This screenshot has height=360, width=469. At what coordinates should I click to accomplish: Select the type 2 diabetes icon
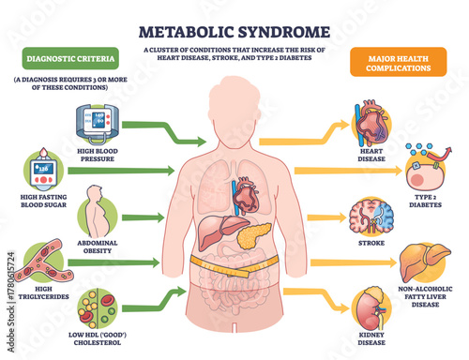(x=423, y=166)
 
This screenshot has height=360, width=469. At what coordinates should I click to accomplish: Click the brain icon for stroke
(x=368, y=217)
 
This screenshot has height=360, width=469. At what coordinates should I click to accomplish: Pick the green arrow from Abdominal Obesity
(x=142, y=218)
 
